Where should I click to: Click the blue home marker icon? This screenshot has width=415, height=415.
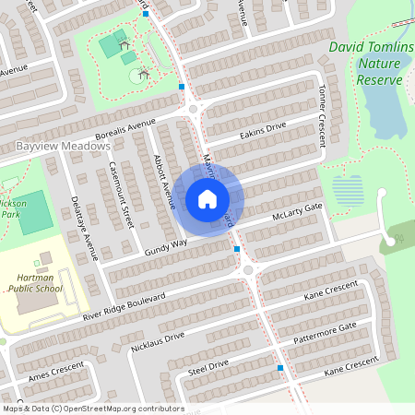(x=207, y=198)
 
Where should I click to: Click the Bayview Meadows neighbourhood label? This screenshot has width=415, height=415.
(x=63, y=146)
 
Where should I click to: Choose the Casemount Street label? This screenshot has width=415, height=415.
(x=121, y=195)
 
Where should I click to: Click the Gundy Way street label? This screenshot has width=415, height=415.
(x=166, y=245)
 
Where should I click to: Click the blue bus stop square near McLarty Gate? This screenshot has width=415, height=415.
(x=237, y=249)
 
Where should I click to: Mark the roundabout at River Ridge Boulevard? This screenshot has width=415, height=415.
(x=248, y=270)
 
